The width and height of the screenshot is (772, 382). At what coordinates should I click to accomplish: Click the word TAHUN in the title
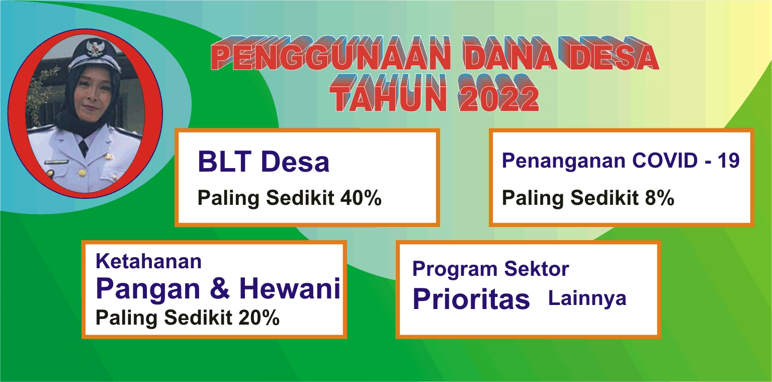coord(388,94)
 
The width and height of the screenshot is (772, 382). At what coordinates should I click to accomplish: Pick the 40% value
coord(361,198)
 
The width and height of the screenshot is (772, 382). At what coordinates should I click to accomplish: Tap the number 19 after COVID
coord(729,161)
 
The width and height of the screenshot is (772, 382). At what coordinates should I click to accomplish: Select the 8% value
coord(660,198)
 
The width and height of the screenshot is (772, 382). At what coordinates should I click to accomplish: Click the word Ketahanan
coord(148,261)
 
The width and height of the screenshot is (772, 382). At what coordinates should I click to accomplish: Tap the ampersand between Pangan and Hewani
coord(220,288)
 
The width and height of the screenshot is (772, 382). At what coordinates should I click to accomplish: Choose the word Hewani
coord(290,288)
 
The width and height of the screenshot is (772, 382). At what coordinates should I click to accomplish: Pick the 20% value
coord(259,318)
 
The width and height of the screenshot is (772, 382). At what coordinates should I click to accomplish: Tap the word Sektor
coord(537,269)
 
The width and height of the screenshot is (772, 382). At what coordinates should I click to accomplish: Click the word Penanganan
coord(563,162)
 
